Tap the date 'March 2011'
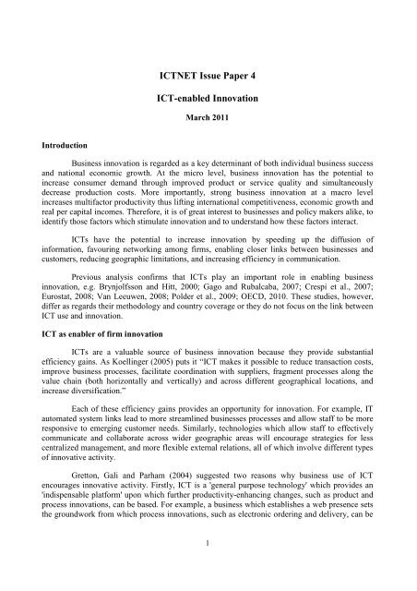click(x=208, y=119)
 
